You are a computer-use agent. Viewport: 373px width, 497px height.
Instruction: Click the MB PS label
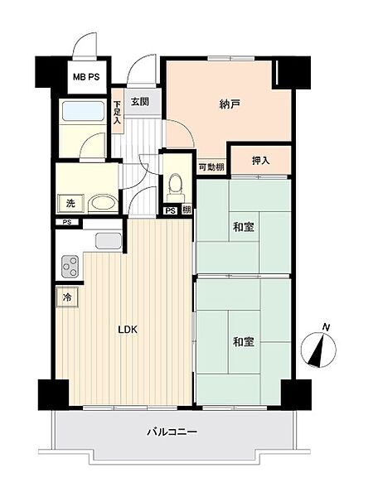point(86,77)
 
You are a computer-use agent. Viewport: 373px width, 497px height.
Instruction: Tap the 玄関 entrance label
point(140,102)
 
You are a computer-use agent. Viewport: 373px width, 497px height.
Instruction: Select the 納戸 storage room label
point(230,104)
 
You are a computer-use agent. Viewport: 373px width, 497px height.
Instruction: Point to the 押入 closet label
point(261,161)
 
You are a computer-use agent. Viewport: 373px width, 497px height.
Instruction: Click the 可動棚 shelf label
point(211,167)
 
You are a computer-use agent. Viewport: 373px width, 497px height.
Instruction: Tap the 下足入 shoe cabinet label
point(118,112)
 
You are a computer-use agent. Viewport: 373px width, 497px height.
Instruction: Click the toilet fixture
point(176,188)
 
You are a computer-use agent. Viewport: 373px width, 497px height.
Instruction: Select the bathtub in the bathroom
point(84,111)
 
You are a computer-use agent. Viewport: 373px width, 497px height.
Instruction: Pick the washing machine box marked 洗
point(70,203)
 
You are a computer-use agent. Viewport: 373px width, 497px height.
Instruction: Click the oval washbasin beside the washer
point(103,204)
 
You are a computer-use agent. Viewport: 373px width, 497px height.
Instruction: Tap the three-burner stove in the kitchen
point(70,267)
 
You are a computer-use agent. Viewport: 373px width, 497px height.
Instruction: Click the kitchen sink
point(109,240)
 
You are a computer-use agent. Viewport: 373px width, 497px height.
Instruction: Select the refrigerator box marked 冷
point(67,297)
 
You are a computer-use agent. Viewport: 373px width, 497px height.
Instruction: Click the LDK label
point(128,330)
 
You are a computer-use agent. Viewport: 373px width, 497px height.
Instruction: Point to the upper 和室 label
point(244,227)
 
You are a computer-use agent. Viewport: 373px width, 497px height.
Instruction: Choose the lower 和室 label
point(244,341)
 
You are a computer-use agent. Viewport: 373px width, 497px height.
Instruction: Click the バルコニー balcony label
point(172,432)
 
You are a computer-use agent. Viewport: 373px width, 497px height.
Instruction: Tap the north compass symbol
point(318,347)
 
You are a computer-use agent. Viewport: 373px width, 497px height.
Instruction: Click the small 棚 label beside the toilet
point(186,210)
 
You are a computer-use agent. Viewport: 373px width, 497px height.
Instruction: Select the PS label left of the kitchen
point(66,222)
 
